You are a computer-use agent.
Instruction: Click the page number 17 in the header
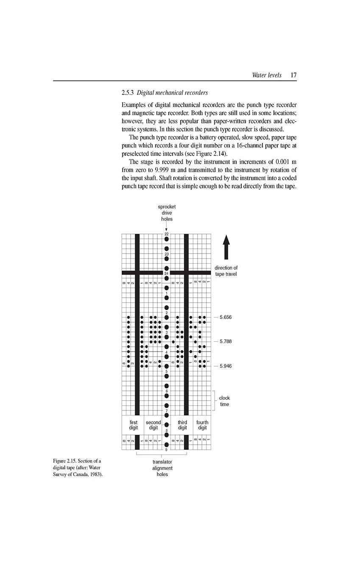pos(293,75)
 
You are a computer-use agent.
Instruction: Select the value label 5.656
pos(226,317)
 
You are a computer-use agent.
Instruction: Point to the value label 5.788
pos(226,341)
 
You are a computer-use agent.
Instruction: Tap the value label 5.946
pos(226,365)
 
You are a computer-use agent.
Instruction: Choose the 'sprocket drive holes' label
pos(167,213)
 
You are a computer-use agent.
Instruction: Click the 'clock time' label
pos(224,401)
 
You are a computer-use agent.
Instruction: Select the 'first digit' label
pos(134,425)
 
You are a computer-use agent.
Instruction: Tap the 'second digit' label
pos(153,425)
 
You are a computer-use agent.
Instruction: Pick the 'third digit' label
pos(182,425)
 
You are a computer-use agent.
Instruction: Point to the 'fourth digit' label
pos(202,425)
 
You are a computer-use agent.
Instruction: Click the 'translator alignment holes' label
pos(162,468)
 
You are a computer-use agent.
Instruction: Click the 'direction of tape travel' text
pos(226,271)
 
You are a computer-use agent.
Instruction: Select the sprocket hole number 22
pos(167,234)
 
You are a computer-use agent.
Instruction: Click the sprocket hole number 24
pos(167,273)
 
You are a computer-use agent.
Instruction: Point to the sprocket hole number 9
pos(167,449)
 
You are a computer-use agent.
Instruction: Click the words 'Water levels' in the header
pos(266,75)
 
